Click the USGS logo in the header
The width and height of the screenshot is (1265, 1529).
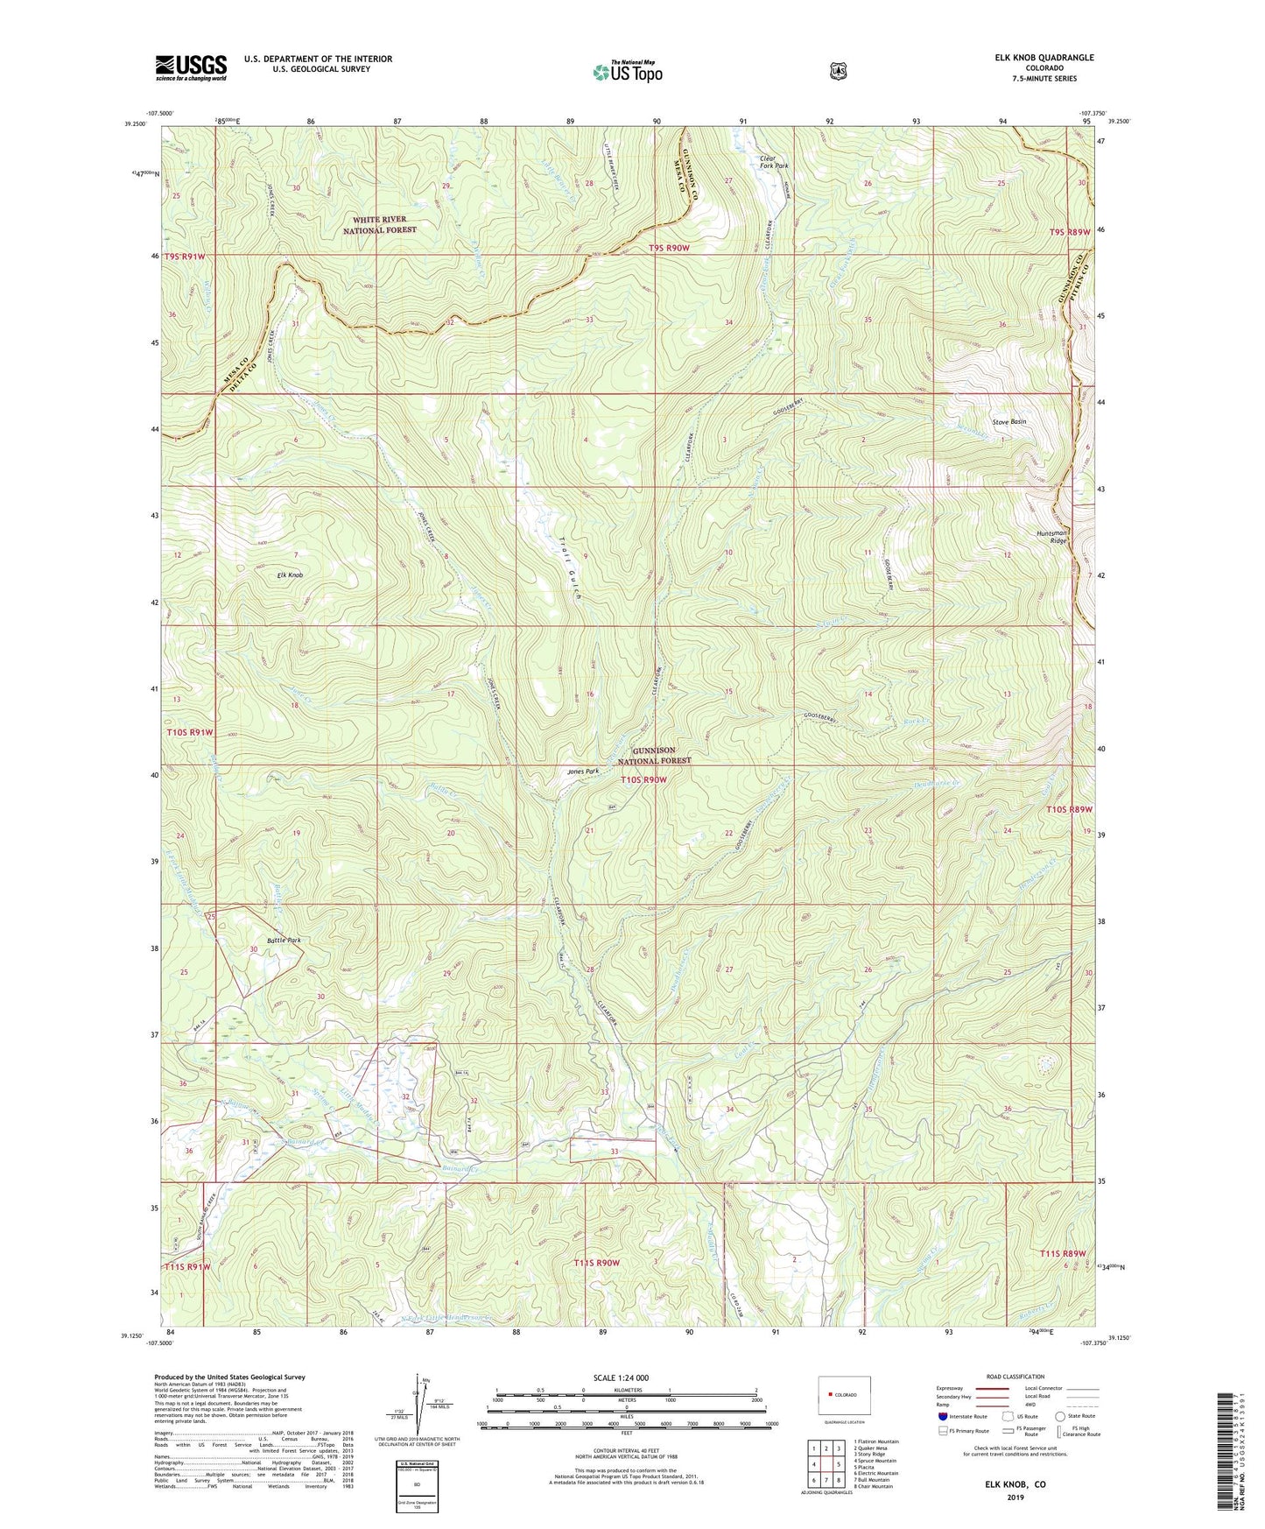point(191,67)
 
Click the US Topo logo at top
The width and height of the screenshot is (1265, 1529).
point(626,71)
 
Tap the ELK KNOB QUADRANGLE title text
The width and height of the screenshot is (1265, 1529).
point(1044,58)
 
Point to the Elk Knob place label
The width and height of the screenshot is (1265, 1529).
point(289,575)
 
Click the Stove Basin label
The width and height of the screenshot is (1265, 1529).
point(1008,422)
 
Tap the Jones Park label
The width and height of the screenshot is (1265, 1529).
point(582,772)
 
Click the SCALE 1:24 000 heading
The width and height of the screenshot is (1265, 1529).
point(621,1378)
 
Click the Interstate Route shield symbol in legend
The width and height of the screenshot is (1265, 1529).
point(942,1415)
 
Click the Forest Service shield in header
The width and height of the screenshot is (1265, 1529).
point(838,70)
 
